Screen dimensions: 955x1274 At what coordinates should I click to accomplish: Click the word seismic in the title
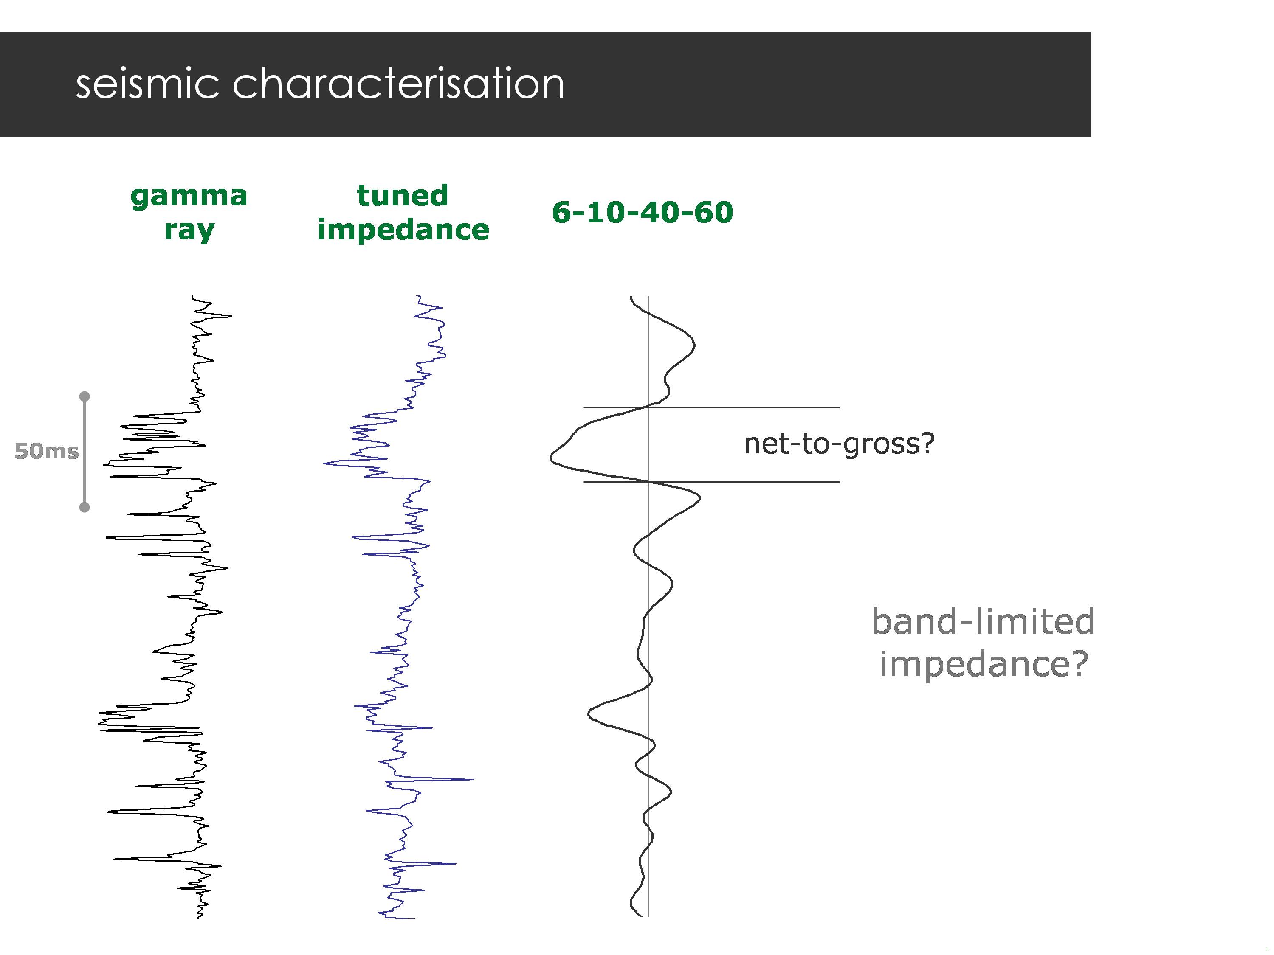click(x=147, y=84)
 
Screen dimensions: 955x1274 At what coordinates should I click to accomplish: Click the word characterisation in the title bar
click(x=398, y=84)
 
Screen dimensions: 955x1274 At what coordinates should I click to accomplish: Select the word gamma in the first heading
click(x=189, y=196)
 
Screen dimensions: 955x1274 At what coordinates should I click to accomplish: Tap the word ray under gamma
click(x=189, y=230)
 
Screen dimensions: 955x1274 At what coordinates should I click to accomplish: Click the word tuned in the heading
click(x=403, y=196)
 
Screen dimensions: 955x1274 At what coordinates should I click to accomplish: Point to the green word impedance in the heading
click(x=403, y=230)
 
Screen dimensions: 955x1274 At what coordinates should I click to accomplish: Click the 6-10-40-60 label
click(x=642, y=212)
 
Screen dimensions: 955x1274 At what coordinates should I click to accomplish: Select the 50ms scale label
click(x=46, y=451)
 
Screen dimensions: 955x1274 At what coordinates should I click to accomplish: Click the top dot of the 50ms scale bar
click(x=85, y=396)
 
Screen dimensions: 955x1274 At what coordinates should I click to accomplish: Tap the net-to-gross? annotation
click(x=839, y=444)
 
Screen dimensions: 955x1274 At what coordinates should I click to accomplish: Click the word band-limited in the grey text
click(x=983, y=622)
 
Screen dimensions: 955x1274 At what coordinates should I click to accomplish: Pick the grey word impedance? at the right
click(x=983, y=664)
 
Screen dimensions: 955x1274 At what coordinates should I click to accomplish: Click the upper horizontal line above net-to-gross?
click(x=749, y=407)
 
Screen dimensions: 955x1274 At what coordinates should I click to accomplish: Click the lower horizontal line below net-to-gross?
click(x=749, y=482)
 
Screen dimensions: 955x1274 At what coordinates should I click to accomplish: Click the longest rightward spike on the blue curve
click(x=471, y=779)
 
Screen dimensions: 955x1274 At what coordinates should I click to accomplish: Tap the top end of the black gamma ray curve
click(x=193, y=297)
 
